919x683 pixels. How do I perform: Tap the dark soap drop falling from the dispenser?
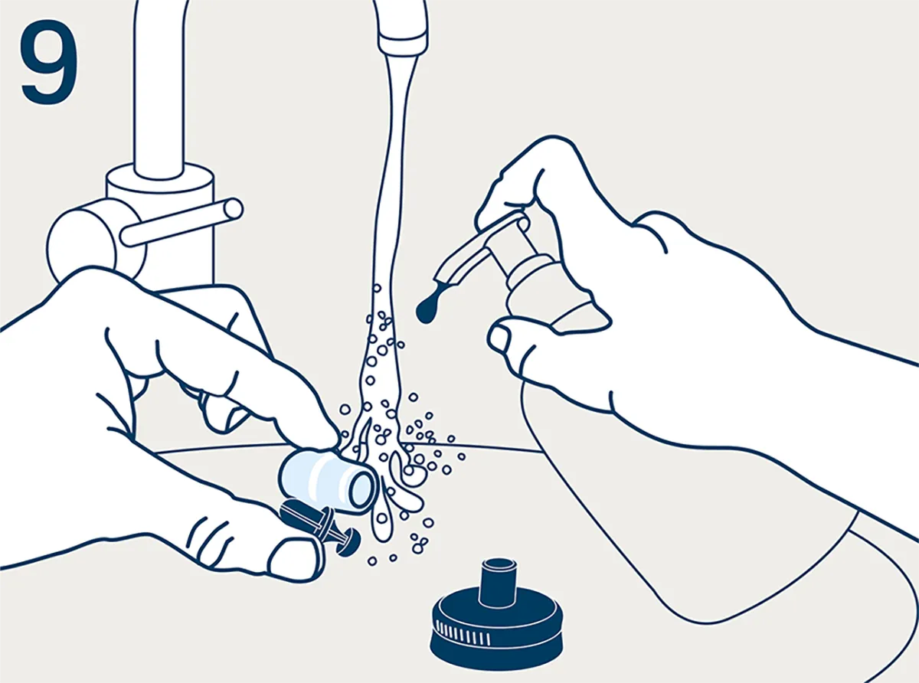tap(427, 309)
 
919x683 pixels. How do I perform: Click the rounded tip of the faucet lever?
tap(233, 209)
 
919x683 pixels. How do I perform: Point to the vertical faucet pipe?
tap(159, 87)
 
